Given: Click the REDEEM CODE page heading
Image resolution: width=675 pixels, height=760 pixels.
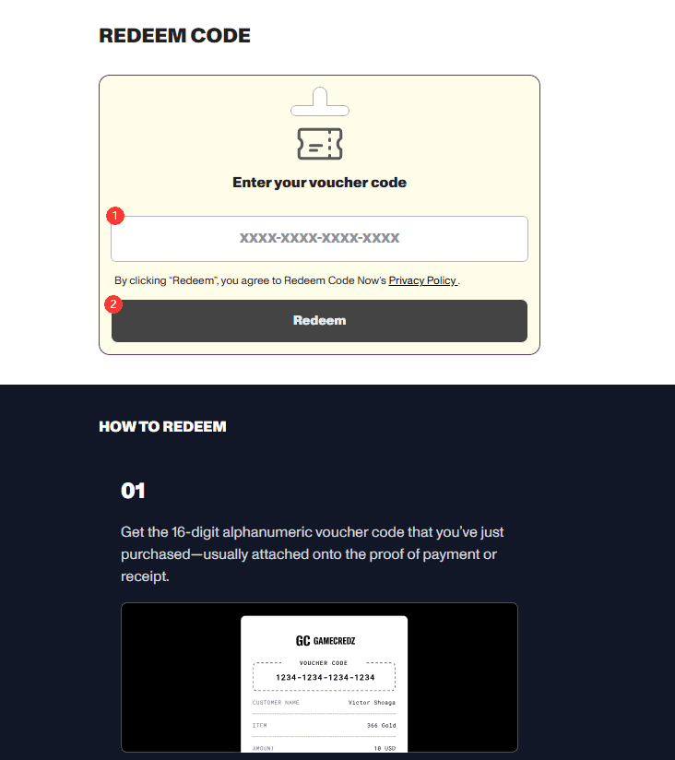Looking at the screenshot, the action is coord(174,35).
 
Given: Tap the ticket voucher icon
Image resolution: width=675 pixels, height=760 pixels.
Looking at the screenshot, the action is coord(320,144).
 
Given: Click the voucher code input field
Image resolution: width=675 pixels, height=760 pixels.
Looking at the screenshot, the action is coord(319,239).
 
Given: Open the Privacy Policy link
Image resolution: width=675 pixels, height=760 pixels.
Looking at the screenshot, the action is coord(422,280).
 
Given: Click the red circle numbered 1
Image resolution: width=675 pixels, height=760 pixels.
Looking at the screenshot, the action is coord(115,216).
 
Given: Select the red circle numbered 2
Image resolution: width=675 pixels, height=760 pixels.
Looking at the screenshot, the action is coord(113,304).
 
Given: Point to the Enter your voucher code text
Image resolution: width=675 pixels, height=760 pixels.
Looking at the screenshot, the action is coord(319,183).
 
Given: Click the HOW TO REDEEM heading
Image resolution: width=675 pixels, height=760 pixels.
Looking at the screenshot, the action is coord(162,426).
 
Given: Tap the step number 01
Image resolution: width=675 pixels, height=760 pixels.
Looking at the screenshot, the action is coord(133,491).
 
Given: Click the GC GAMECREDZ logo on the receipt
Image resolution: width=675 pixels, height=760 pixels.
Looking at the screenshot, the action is coord(326,641).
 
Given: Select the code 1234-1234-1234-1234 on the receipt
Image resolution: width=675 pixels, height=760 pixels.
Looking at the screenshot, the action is coord(326,678).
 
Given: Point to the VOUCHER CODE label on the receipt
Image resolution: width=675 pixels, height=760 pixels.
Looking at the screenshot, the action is coord(323,663).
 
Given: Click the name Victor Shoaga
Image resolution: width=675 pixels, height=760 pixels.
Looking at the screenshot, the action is coord(372,702).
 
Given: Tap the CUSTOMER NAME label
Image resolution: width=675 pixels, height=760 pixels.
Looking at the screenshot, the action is coord(276,702).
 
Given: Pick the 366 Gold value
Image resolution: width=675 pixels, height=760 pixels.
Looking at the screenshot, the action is coord(382,726).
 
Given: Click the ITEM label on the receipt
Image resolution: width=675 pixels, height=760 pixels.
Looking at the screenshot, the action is coord(259,726).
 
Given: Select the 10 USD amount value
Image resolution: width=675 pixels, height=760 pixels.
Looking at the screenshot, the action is coord(385,748).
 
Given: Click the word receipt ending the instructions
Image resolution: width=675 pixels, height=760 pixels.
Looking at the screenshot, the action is coord(145,576).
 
